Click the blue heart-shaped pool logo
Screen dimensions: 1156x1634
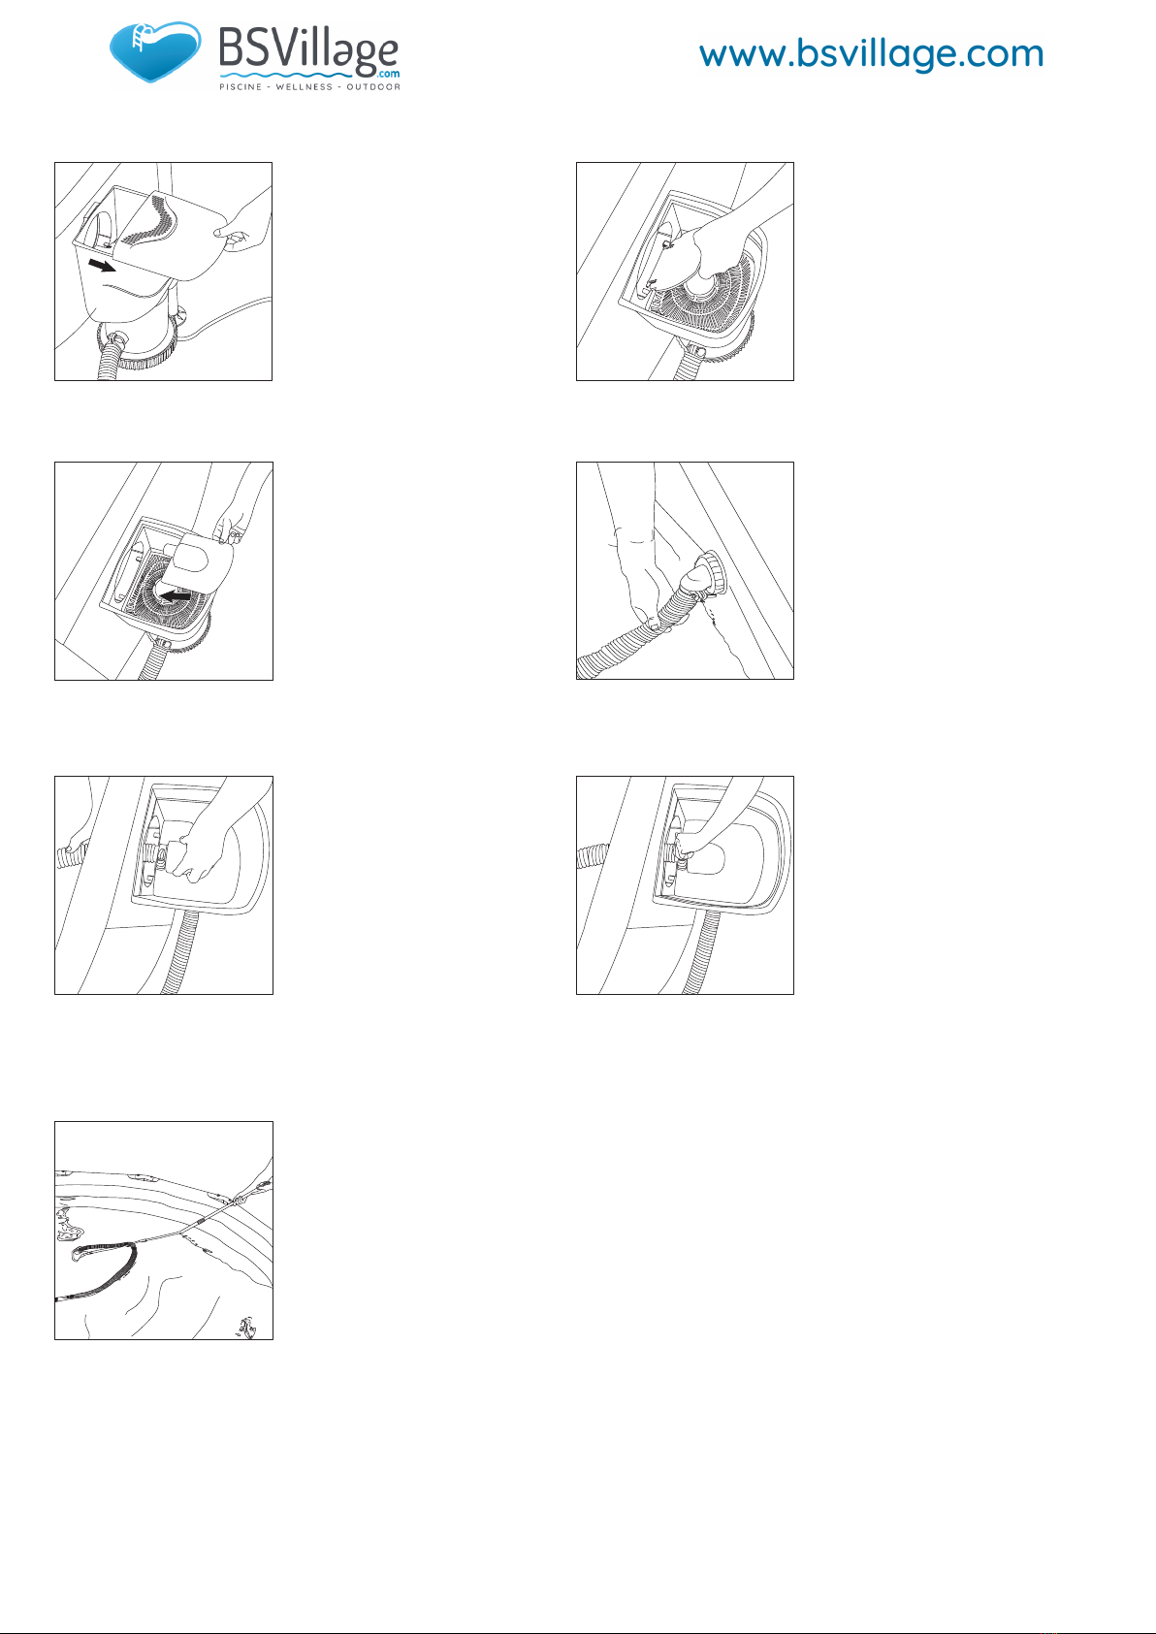(155, 51)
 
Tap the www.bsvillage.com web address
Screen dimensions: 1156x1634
(871, 54)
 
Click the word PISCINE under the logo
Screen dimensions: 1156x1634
(241, 87)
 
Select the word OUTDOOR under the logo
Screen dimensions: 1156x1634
(372, 87)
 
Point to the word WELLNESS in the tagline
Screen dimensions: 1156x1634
(305, 87)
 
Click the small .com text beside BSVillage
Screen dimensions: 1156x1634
(389, 73)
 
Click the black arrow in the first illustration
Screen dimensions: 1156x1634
(102, 265)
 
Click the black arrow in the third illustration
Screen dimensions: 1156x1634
(176, 596)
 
